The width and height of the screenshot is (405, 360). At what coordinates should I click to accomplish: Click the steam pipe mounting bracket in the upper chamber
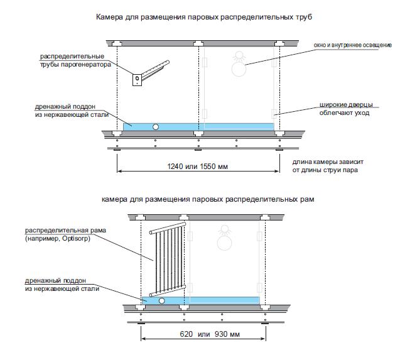pos(137,79)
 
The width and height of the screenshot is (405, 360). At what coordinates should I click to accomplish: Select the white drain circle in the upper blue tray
pos(156,126)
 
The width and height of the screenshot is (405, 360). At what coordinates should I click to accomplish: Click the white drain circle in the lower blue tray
pos(162,301)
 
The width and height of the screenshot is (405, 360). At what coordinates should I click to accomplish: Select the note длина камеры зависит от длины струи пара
pos(327,166)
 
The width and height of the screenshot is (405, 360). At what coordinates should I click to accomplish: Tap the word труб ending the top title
pos(303,17)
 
